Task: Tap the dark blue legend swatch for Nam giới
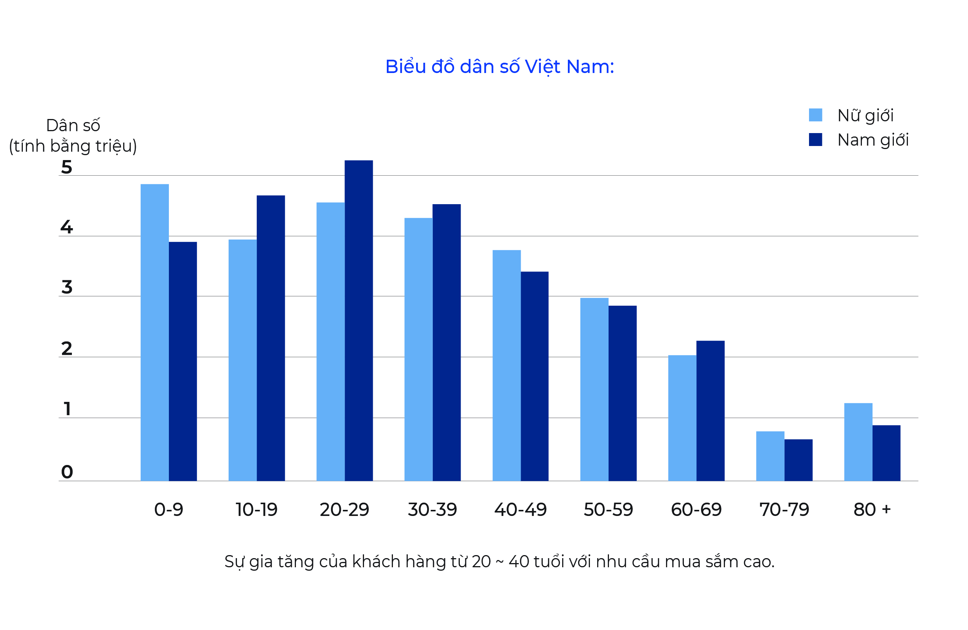(815, 140)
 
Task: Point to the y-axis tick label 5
(67, 167)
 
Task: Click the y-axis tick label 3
(67, 287)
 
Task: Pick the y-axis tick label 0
(67, 472)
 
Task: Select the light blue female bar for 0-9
(154, 332)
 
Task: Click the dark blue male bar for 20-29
(359, 321)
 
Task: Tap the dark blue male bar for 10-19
(271, 338)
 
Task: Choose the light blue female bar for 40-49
(507, 365)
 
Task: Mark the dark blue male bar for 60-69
(711, 411)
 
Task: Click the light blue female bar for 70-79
(770, 456)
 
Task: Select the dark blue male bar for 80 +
(887, 453)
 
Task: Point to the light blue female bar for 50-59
(594, 389)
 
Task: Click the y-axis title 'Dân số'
(73, 125)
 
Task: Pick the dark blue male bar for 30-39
(447, 343)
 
